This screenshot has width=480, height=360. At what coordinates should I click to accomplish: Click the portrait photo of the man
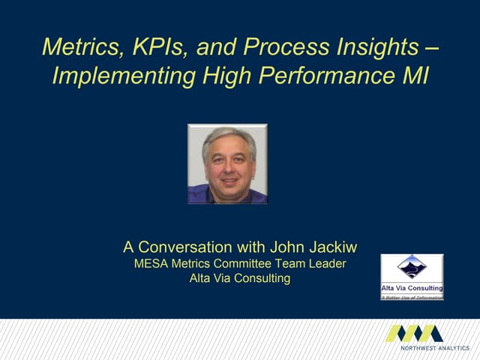click(x=227, y=164)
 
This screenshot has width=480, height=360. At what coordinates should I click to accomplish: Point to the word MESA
click(x=151, y=263)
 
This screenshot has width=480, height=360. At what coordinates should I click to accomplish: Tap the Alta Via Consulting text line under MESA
click(x=240, y=279)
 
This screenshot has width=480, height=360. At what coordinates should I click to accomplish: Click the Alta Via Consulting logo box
click(x=412, y=277)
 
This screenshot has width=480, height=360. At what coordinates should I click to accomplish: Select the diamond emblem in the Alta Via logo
click(x=412, y=266)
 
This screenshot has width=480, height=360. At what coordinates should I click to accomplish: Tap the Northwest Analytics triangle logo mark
click(x=414, y=333)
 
